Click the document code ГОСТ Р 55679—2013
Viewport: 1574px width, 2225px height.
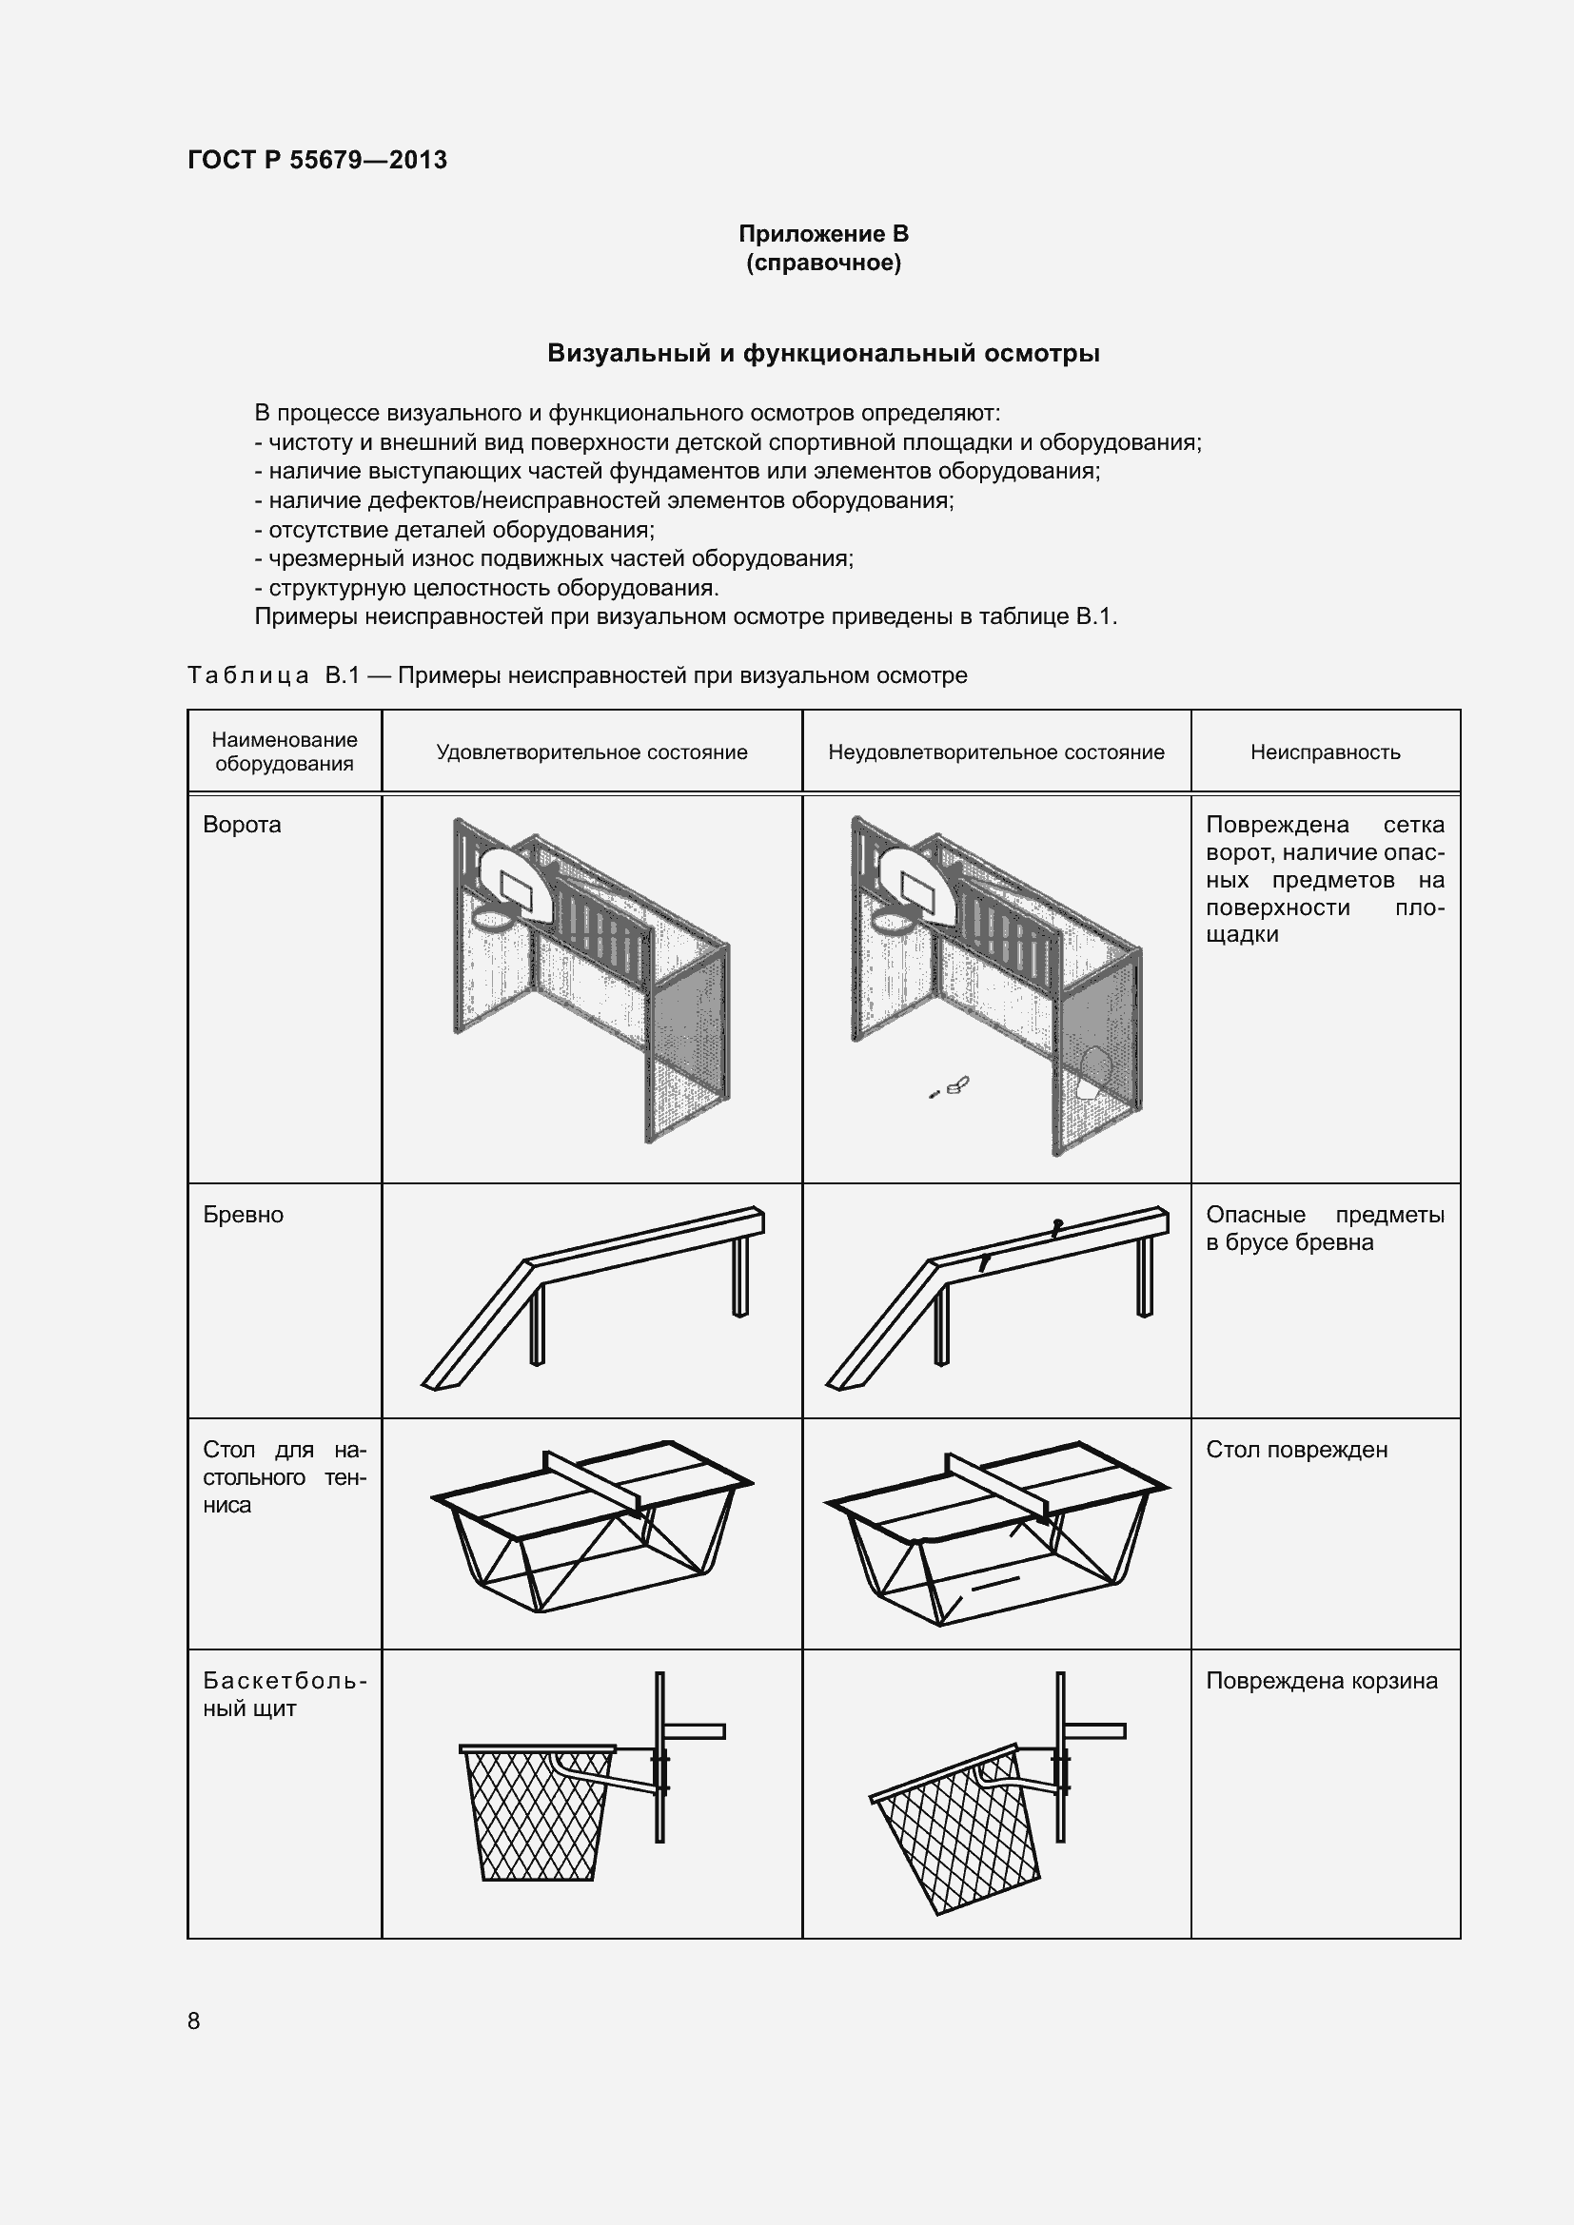point(317,160)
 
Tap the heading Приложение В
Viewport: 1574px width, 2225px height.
point(823,234)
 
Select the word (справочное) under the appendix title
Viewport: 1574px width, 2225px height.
point(823,263)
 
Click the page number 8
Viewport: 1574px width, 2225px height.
point(194,2020)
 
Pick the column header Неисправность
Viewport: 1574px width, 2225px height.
point(1324,752)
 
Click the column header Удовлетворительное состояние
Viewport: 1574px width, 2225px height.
point(591,752)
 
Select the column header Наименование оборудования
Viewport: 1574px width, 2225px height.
point(284,751)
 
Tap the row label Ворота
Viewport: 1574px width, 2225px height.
point(242,825)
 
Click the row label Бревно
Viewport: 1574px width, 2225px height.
point(243,1215)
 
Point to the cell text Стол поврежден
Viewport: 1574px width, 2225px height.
point(1296,1450)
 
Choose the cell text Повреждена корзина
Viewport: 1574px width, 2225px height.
point(1321,1681)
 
